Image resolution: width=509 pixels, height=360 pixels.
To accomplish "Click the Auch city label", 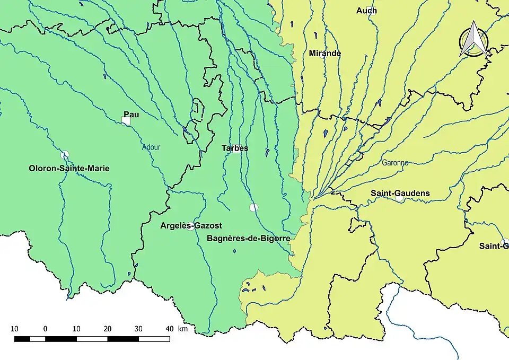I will point(366,11).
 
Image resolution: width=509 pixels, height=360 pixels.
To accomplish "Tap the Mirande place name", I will point(324,54).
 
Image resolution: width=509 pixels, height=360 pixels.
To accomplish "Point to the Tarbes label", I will point(235,148).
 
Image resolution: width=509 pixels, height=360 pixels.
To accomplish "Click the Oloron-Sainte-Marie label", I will point(69,169).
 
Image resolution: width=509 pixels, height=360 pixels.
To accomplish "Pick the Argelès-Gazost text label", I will point(191,225).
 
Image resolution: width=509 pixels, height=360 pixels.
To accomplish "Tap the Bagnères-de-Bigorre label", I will point(248,239).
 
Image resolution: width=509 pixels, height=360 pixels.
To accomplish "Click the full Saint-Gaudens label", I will point(400,193).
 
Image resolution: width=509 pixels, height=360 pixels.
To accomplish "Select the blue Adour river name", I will point(151,148).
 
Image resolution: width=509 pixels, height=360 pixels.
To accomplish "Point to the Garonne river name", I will point(395,163).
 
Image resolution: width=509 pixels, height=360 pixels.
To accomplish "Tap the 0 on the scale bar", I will point(45,329).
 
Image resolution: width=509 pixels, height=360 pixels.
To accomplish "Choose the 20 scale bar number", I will point(108,329).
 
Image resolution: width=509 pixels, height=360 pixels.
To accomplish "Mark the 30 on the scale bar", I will point(138,329).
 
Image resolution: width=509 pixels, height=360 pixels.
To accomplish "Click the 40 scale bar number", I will point(169,329).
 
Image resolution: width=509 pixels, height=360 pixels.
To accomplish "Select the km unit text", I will point(183,329).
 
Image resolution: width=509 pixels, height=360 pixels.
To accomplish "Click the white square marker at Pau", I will point(126,121).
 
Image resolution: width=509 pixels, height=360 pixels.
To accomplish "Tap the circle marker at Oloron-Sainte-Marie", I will point(65,155).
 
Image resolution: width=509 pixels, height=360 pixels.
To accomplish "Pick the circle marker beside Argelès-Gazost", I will point(190,226).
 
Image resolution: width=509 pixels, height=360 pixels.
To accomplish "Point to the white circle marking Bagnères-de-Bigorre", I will point(254,207).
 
